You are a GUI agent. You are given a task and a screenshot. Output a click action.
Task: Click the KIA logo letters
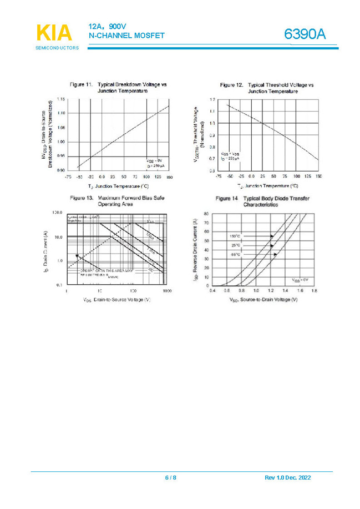click(54, 32)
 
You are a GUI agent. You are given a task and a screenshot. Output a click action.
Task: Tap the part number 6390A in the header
click(305, 34)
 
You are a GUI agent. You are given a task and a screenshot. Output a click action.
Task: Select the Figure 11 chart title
click(118, 87)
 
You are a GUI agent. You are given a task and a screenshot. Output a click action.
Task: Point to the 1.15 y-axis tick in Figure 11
click(61, 99)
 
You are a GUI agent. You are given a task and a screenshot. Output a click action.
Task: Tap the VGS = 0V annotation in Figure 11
click(154, 160)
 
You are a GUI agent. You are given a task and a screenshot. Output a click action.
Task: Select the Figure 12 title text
click(267, 88)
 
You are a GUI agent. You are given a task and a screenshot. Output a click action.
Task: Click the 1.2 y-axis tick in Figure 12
click(212, 99)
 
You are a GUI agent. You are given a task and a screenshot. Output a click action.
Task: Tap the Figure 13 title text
click(118, 200)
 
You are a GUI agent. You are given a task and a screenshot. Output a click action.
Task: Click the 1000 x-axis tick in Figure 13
click(166, 290)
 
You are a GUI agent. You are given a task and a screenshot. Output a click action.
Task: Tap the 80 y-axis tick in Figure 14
click(206, 213)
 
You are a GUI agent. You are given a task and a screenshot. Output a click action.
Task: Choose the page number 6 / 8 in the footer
click(171, 478)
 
